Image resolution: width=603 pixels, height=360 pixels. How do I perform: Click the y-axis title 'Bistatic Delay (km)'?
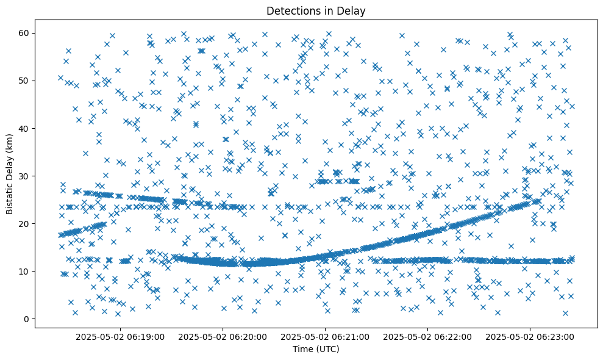(10, 174)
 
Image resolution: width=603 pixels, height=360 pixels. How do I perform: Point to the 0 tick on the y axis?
(27, 319)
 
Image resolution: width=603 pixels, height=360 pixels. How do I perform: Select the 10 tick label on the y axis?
(24, 271)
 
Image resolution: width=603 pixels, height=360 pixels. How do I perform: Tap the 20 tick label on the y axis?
(24, 223)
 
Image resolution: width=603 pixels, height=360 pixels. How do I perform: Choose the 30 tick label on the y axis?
(24, 176)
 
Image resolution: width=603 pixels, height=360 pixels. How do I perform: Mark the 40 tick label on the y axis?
(24, 128)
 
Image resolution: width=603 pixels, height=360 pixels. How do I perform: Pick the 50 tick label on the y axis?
(24, 81)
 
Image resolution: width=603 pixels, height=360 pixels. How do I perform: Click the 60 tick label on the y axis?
(24, 33)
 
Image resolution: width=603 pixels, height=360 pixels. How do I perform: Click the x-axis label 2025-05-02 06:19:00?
(120, 336)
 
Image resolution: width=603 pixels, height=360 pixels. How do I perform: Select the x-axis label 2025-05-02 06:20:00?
(223, 336)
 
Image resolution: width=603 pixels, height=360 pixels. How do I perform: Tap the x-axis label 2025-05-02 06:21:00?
(325, 336)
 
